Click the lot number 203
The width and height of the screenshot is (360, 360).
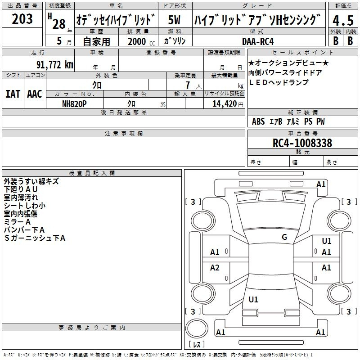(x=22, y=19)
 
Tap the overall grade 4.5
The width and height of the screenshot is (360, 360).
(x=343, y=20)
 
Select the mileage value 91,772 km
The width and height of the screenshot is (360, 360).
(x=55, y=65)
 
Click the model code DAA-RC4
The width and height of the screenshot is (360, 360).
(x=258, y=41)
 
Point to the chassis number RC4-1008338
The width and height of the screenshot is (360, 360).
(x=302, y=143)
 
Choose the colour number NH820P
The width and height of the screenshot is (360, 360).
(x=74, y=104)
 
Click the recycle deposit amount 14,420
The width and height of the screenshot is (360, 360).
(x=225, y=104)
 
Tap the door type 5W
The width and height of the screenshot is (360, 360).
(x=174, y=20)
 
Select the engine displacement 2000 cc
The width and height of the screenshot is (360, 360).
(x=141, y=41)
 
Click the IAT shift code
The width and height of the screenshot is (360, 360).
(x=13, y=94)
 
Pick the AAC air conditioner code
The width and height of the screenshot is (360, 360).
(x=35, y=94)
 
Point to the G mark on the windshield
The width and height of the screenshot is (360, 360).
(x=284, y=237)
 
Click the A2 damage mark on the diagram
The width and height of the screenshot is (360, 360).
(x=215, y=267)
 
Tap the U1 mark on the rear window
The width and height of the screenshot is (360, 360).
(x=253, y=299)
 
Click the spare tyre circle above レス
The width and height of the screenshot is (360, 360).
(x=197, y=328)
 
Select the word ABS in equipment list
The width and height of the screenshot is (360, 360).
(x=258, y=121)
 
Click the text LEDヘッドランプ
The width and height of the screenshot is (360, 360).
(x=279, y=82)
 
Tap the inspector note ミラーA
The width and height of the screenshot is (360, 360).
(x=17, y=222)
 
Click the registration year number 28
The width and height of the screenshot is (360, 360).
(x=59, y=24)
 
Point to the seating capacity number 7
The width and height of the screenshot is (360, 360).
(x=188, y=85)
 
